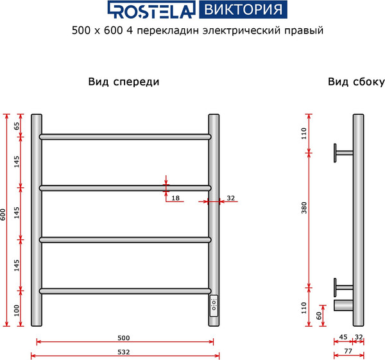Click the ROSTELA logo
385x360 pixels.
151,10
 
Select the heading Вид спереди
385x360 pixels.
123,82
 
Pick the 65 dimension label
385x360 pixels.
17,126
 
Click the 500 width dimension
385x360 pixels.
124,338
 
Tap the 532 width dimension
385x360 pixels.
124,352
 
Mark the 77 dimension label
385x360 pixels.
347,352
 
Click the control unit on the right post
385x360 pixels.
214,305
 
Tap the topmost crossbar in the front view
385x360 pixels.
125,137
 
